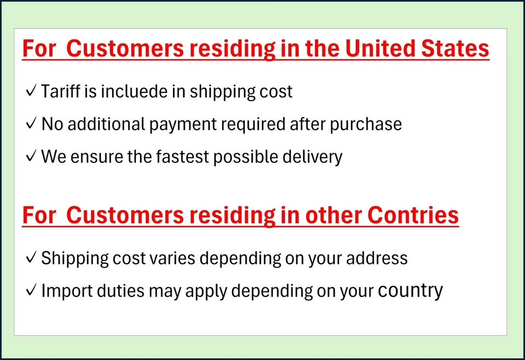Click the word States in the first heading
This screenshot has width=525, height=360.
click(x=454, y=48)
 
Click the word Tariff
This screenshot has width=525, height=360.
click(x=61, y=91)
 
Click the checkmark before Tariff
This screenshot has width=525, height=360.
click(x=31, y=91)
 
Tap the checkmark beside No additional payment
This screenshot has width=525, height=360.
click(x=31, y=124)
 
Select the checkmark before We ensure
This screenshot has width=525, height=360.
click(x=31, y=156)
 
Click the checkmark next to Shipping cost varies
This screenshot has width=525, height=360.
click(x=31, y=258)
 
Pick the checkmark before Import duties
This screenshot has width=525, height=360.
click(x=31, y=290)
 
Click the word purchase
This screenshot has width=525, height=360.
click(x=366, y=125)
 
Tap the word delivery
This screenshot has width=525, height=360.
click(x=312, y=157)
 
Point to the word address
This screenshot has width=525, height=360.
click(x=377, y=258)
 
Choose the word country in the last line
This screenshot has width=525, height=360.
click(x=410, y=291)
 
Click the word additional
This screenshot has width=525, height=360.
click(x=106, y=124)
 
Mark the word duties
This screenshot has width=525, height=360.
click(x=120, y=291)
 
